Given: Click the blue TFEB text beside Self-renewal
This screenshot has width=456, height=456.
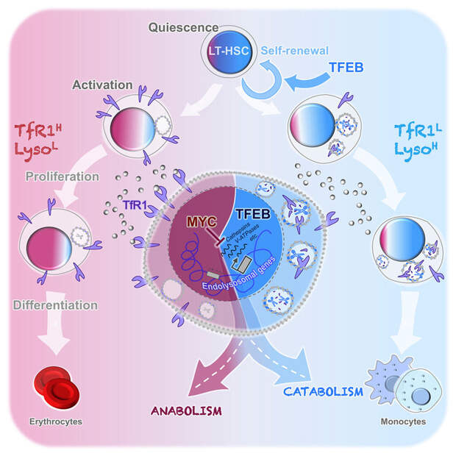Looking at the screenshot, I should click(343, 74).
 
